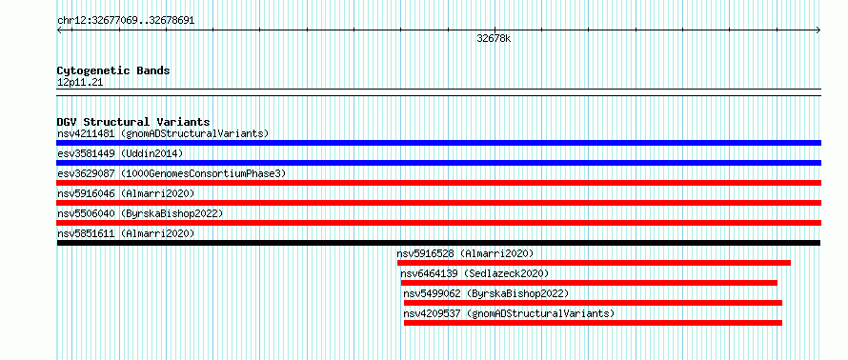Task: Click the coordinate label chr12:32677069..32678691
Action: click(x=126, y=21)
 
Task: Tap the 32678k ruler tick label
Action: click(x=494, y=39)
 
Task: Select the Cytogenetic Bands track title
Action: click(x=113, y=70)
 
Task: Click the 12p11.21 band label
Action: click(x=80, y=83)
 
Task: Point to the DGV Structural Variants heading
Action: click(x=133, y=122)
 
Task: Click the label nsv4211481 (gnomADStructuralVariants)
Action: click(x=163, y=133)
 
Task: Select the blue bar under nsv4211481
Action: click(x=438, y=143)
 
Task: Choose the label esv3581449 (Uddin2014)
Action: click(x=120, y=153)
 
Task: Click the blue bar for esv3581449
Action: click(x=438, y=163)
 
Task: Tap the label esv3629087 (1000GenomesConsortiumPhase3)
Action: click(x=172, y=173)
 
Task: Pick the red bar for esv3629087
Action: click(x=438, y=183)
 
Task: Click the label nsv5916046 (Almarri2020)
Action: click(x=126, y=193)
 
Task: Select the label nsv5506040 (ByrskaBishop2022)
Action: click(x=140, y=213)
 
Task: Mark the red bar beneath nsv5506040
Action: click(x=438, y=223)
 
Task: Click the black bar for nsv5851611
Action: click(x=438, y=243)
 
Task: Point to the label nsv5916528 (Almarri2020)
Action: click(x=465, y=253)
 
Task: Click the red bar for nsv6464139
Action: click(x=589, y=283)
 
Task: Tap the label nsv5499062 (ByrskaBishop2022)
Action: click(x=486, y=293)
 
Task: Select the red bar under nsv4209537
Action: click(x=593, y=323)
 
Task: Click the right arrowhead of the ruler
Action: click(x=818, y=30)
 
